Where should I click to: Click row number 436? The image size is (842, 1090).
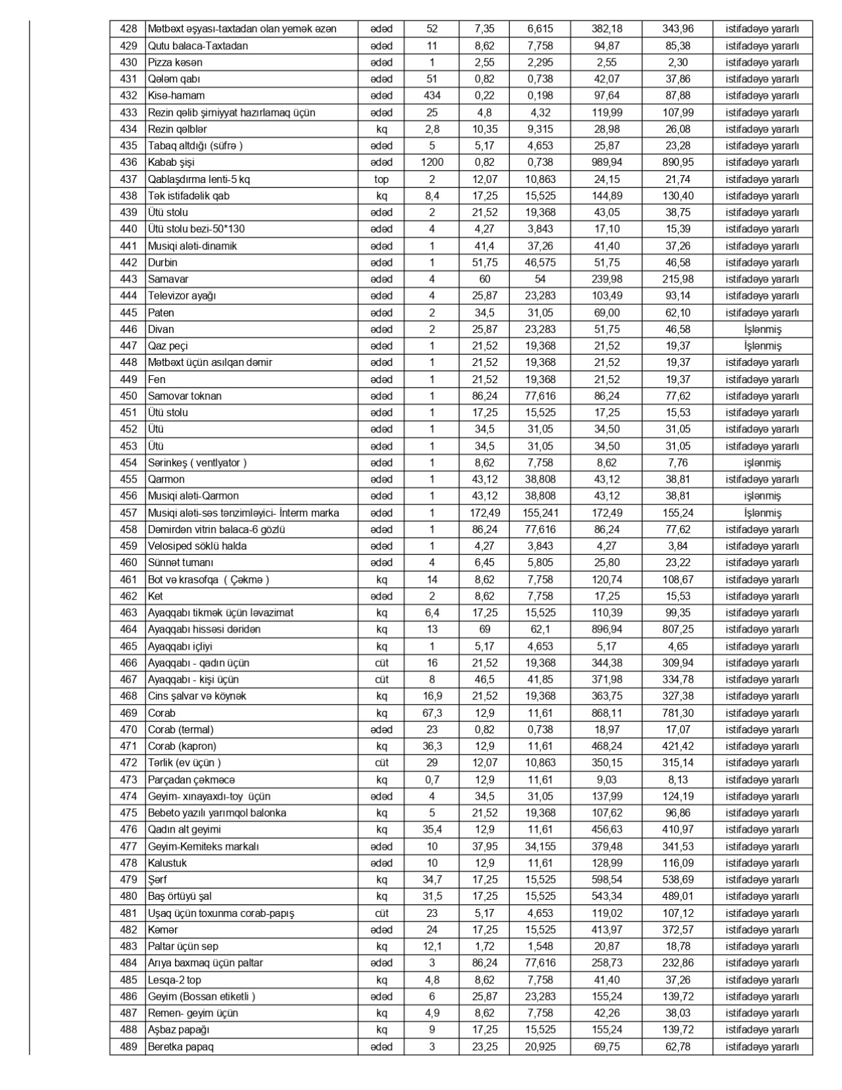click(128, 163)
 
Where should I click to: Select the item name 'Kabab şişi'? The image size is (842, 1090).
click(171, 163)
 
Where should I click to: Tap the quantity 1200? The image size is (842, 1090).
click(432, 163)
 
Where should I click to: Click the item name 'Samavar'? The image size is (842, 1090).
click(168, 279)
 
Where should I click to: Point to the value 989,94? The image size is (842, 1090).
click(607, 163)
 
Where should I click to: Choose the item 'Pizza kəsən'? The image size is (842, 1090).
click(175, 63)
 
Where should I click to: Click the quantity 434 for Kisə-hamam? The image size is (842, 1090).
click(432, 95)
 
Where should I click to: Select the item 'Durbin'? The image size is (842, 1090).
click(162, 263)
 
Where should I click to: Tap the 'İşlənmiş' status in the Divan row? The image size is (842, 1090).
click(762, 329)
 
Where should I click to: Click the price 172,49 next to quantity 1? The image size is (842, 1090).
click(485, 513)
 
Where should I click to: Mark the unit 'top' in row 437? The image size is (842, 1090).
click(382, 179)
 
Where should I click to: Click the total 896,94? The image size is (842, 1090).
click(607, 629)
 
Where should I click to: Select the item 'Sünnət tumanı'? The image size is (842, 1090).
click(180, 563)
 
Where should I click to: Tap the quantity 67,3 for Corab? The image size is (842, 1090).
click(432, 713)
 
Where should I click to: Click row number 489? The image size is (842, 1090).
click(128, 1047)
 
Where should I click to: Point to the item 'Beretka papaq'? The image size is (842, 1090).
click(180, 1047)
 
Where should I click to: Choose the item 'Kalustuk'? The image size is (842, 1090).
click(168, 863)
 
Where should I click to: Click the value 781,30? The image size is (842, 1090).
click(678, 713)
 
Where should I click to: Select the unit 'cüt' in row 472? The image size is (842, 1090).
click(382, 763)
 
